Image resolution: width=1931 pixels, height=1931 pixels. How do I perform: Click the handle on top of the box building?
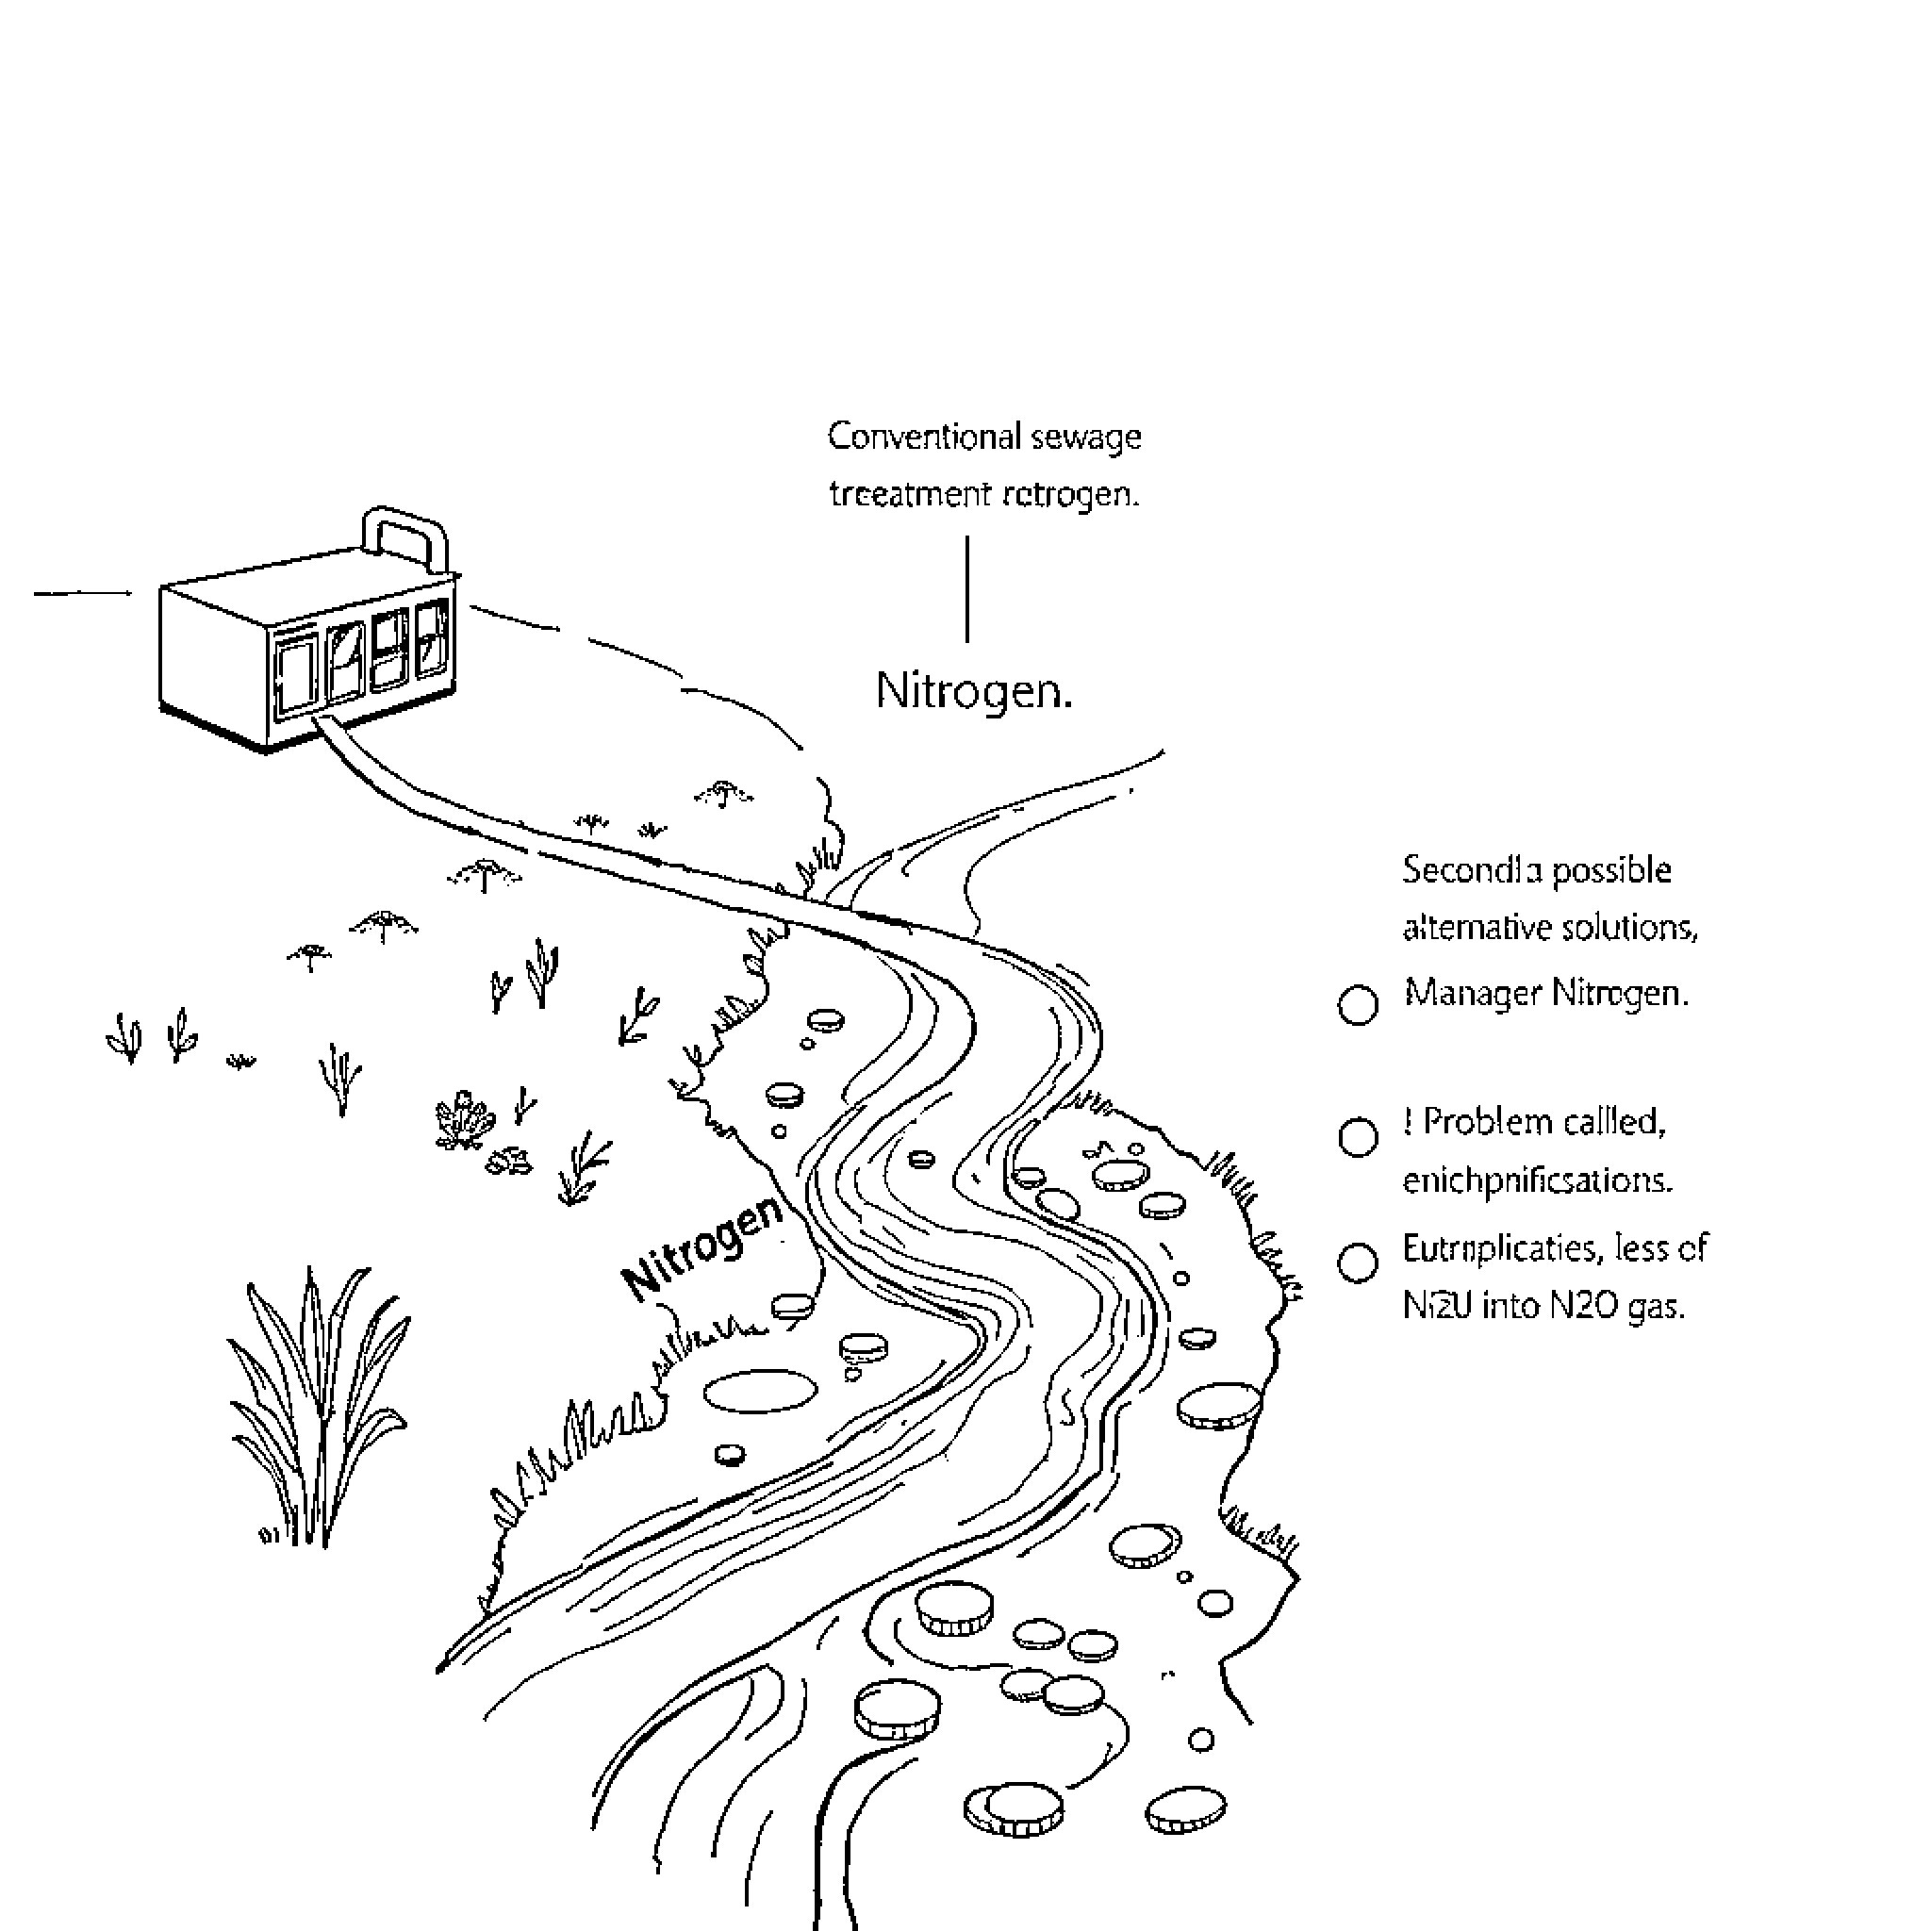pos(405,526)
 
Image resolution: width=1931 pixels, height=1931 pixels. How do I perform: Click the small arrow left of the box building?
pos(84,593)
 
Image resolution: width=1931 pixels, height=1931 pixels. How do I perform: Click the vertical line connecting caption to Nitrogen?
pos(966,588)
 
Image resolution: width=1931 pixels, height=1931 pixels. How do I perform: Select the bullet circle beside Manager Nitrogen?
pos(1358,1005)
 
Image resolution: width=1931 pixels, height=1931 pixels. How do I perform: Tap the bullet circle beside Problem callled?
pos(1358,1137)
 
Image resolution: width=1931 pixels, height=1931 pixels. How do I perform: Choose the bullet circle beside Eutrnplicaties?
pos(1358,1263)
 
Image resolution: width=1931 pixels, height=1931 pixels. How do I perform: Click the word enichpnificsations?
pos(1536,1181)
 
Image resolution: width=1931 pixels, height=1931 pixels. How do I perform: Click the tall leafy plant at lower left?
pos(318,1410)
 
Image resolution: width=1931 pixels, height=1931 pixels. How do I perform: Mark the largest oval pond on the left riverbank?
pos(760,1391)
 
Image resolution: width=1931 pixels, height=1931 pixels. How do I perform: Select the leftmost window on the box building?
pos(294,678)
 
